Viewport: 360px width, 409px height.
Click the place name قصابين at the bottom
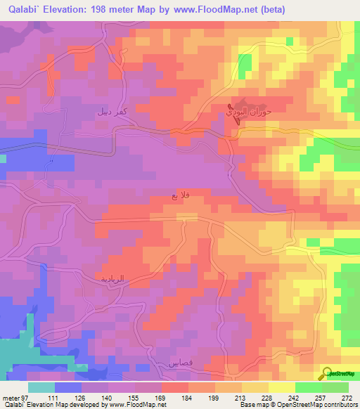tap(180, 364)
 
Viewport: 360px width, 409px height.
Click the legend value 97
tap(25, 397)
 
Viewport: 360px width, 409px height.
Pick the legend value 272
tap(346, 397)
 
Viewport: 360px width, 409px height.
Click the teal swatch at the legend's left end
tap(41, 387)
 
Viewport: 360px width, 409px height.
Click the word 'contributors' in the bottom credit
tap(338, 405)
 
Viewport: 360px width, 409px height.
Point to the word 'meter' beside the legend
tap(10, 397)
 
